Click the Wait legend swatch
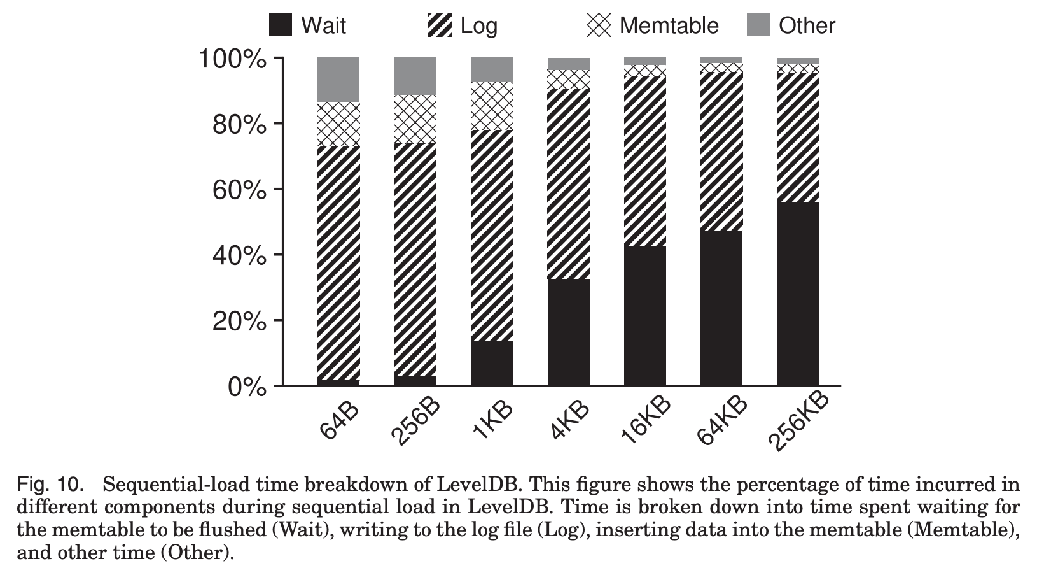point(281,25)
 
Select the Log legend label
point(478,25)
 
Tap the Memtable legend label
point(669,25)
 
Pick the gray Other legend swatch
point(758,25)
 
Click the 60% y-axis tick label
point(239,190)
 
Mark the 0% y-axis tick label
point(247,387)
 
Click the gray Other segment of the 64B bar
point(338,79)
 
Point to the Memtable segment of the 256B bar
point(415,119)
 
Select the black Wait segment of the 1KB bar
point(492,363)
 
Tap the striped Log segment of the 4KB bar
point(568,183)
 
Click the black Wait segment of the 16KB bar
point(645,316)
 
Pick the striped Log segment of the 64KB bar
point(721,152)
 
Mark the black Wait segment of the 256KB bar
point(798,294)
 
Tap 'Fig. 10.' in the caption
point(50,485)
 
